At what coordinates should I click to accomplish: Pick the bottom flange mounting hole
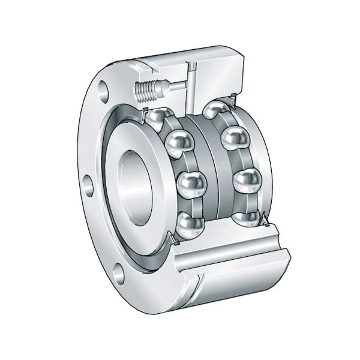[x=118, y=275]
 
